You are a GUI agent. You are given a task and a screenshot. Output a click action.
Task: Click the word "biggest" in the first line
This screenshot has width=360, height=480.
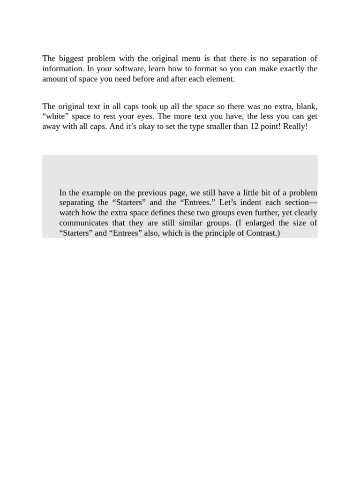(x=71, y=59)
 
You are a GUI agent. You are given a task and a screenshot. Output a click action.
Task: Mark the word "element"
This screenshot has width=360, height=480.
(x=219, y=79)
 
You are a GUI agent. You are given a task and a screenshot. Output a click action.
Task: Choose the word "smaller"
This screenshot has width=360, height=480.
(x=210, y=127)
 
